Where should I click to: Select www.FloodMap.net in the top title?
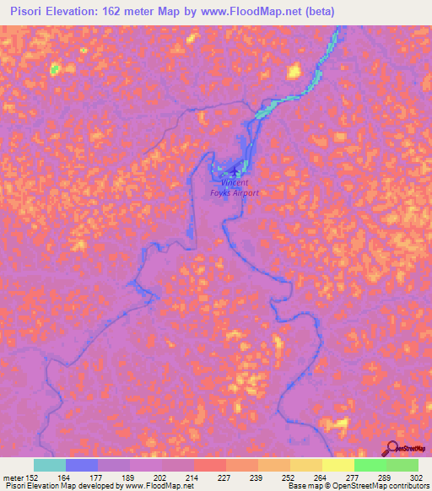click(247, 12)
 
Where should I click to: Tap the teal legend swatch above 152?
click(50, 465)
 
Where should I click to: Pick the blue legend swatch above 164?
click(82, 465)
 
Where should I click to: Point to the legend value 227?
click(208, 477)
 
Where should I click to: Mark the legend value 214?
click(176, 477)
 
